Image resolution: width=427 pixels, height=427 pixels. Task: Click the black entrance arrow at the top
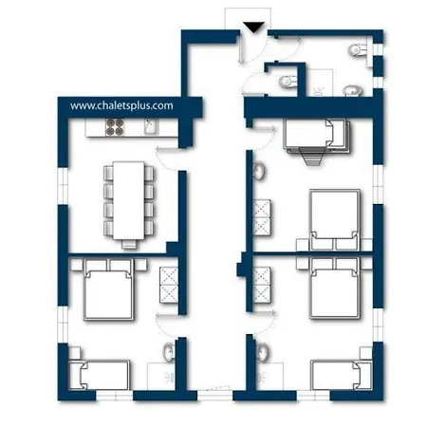252,27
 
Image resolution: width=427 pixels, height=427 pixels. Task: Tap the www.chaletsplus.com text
121,106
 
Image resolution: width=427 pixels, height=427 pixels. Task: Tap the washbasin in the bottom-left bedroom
168,354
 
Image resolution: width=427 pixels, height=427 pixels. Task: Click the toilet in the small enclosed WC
285,84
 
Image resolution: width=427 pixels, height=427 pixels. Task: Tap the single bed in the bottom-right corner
340,373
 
